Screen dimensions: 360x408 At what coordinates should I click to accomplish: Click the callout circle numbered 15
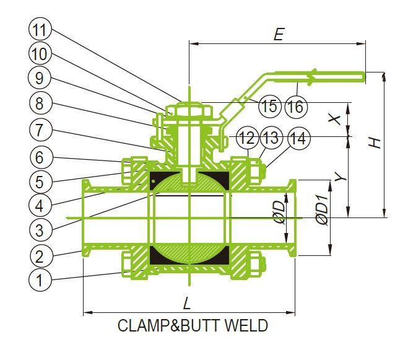tap(270, 106)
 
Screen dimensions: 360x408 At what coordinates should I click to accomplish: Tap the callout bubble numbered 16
tap(296, 106)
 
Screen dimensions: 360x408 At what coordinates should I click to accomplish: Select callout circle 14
tap(298, 138)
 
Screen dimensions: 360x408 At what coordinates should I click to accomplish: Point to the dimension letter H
tap(375, 142)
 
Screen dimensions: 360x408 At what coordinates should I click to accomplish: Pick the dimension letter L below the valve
tap(186, 304)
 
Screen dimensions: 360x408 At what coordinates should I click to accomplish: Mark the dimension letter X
tap(336, 118)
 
